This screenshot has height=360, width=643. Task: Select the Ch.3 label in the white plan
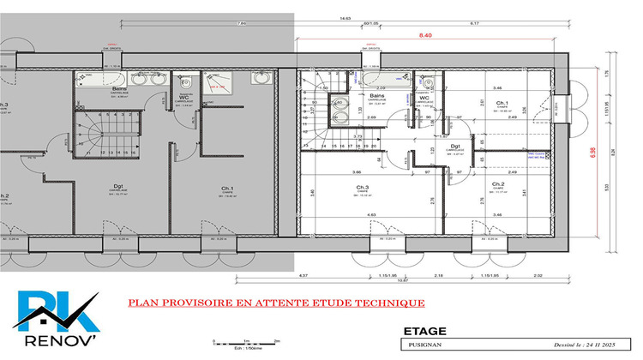click(363, 187)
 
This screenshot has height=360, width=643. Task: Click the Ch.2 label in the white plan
click(497, 184)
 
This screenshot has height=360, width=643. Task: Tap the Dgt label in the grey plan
click(118, 186)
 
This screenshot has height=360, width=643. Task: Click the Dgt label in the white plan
click(456, 147)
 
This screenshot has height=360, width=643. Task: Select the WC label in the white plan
click(424, 121)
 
